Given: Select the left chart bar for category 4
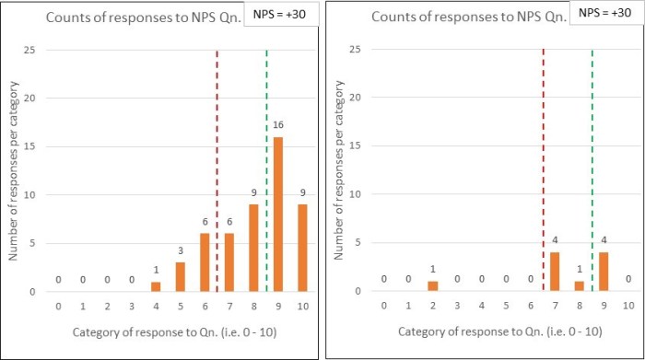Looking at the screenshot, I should coord(156,287).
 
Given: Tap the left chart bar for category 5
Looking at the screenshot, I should coord(180,277).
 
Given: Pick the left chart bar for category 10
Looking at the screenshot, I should coord(301,249).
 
